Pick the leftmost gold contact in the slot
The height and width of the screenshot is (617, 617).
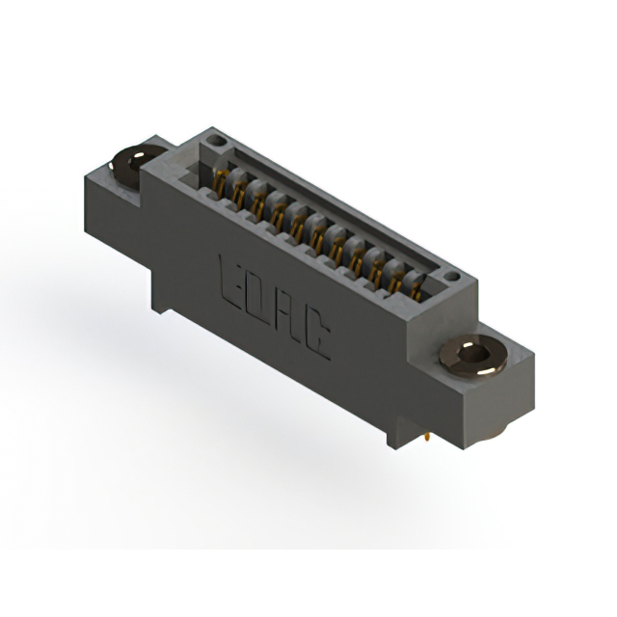[x=221, y=179]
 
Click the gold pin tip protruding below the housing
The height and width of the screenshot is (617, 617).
[x=427, y=440]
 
